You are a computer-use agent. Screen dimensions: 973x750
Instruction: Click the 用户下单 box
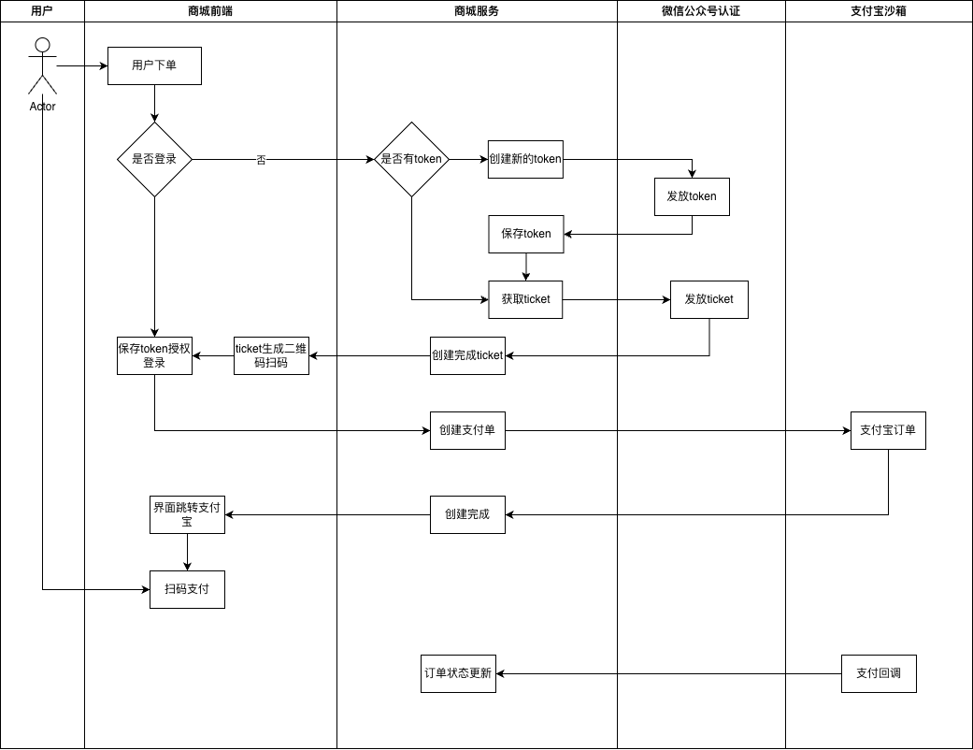tap(154, 65)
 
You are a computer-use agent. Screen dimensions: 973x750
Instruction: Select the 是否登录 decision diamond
tap(154, 160)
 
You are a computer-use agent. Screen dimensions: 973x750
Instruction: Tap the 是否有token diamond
tap(411, 160)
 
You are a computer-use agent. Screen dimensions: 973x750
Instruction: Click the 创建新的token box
tap(525, 160)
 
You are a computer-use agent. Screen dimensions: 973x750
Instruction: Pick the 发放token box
tap(692, 196)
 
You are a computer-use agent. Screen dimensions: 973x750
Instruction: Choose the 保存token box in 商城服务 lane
tap(526, 234)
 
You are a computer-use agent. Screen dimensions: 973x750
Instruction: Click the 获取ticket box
tap(525, 300)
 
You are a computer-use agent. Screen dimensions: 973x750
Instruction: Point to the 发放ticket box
tap(709, 300)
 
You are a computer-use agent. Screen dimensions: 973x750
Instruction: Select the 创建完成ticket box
tap(468, 355)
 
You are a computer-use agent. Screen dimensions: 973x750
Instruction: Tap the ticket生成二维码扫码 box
tap(271, 355)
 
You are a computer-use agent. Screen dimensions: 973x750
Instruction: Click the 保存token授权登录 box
tap(154, 355)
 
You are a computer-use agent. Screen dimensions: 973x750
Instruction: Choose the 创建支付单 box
tap(468, 430)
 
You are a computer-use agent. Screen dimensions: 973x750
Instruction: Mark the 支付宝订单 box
tap(888, 430)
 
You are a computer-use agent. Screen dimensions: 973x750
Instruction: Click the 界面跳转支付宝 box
tap(187, 514)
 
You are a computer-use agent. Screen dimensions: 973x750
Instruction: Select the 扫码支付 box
tap(187, 589)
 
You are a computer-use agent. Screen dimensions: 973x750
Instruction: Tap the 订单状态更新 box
tap(459, 673)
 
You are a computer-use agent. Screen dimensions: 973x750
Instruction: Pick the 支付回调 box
tap(879, 673)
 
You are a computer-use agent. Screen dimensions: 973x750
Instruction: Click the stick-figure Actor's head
tap(42, 45)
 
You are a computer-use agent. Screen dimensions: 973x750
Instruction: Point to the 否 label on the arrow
tap(262, 160)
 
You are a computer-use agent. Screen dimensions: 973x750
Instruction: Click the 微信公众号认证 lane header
tap(701, 11)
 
